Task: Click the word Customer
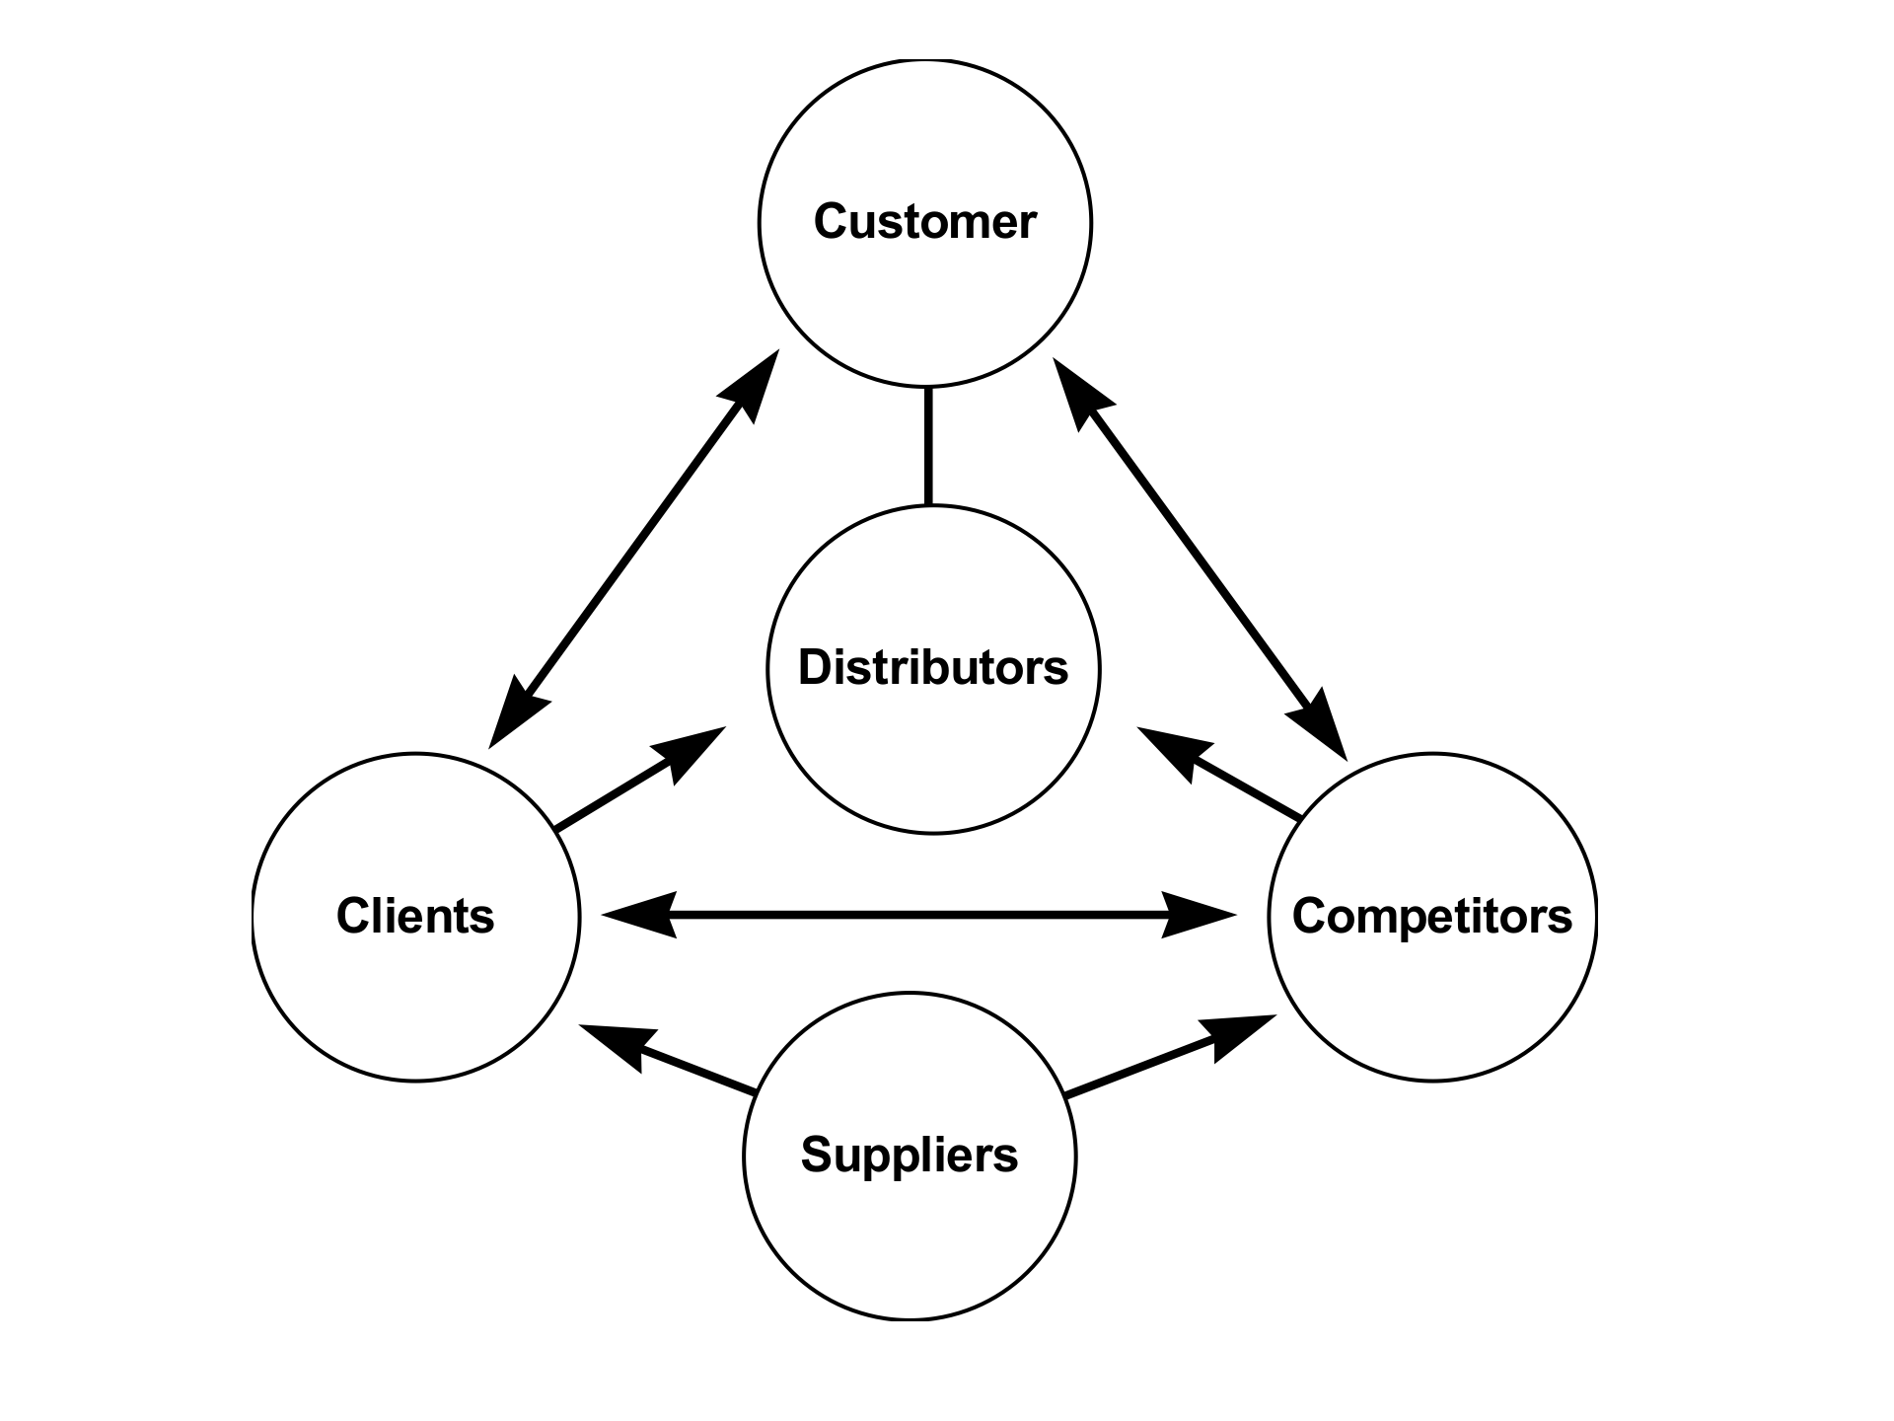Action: click(924, 221)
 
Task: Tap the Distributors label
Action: click(932, 667)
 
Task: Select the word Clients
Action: click(415, 916)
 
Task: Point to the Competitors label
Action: click(1431, 916)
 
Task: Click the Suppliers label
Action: click(909, 1155)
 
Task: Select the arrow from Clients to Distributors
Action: click(631, 785)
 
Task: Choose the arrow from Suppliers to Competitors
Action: click(1154, 1061)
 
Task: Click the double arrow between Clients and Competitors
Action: click(917, 915)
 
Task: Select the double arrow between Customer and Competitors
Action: click(1200, 559)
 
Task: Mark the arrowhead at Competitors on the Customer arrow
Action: click(1321, 724)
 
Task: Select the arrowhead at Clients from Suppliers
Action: click(617, 1041)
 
